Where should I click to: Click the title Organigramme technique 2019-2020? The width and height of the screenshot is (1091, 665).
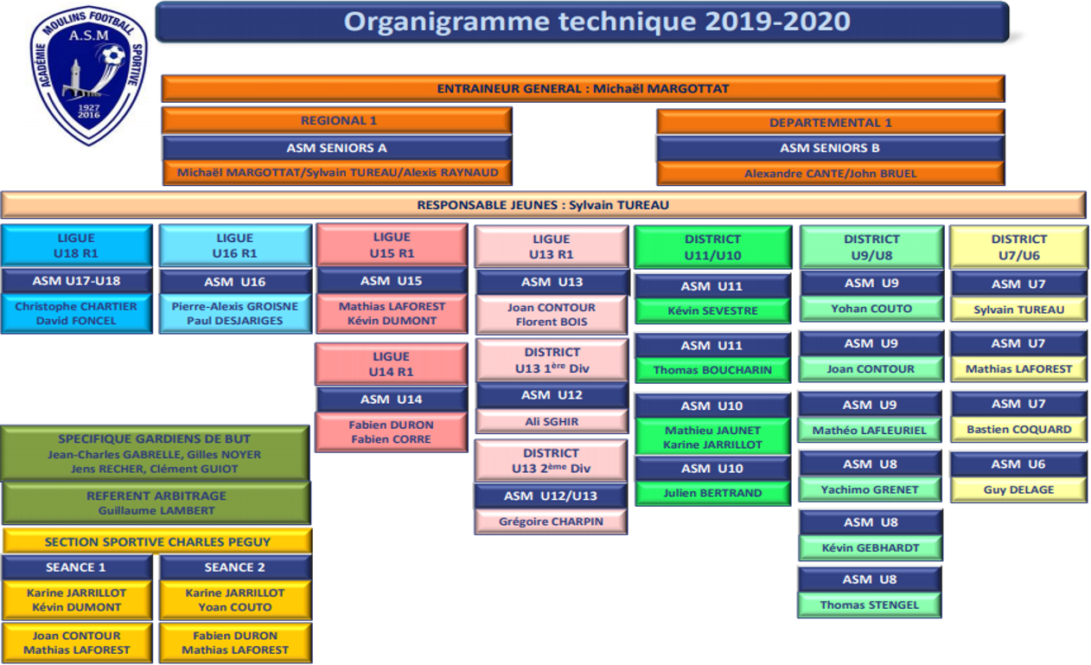597,22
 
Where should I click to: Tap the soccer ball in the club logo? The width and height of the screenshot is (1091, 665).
113,55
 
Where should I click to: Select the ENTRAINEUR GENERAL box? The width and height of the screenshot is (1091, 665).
583,89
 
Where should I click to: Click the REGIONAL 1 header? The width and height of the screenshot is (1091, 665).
337,120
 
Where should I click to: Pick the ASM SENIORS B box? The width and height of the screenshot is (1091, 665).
831,148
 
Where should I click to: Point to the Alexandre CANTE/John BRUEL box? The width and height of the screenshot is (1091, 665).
831,174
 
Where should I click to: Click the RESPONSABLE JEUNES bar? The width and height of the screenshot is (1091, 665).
544,205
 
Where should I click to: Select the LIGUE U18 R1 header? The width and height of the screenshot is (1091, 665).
76,246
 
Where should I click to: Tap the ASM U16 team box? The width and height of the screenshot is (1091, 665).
235,282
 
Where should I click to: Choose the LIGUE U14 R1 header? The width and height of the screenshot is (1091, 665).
391,364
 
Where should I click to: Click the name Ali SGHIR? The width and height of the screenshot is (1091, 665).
552,421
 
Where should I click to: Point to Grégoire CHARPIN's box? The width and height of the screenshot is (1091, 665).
552,521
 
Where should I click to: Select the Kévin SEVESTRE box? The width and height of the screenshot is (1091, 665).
712,310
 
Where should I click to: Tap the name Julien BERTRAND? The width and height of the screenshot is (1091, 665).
712,493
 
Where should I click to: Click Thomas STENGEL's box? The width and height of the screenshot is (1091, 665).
870,605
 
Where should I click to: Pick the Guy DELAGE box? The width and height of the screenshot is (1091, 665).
1018,489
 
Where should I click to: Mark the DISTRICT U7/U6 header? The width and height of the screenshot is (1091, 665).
1019,247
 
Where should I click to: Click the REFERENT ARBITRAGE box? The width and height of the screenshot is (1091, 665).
156,502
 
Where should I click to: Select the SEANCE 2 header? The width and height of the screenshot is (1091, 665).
235,567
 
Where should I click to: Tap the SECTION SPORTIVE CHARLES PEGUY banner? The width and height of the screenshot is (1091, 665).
157,541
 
